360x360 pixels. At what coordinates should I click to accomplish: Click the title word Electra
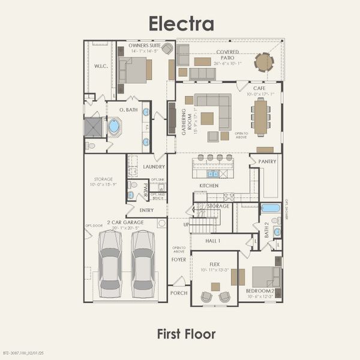181,23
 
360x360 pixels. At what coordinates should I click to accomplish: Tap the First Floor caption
186,334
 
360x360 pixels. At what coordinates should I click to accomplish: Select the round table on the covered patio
263,62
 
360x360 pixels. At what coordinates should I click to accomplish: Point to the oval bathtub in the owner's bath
114,127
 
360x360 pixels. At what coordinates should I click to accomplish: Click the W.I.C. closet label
100,67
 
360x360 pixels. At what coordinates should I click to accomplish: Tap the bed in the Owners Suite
135,70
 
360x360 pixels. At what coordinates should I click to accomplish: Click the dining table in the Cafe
261,116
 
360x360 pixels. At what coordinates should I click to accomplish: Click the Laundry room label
154,167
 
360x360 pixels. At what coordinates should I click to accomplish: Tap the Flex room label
214,264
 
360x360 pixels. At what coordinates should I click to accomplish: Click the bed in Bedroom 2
264,277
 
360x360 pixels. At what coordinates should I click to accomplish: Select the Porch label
179,293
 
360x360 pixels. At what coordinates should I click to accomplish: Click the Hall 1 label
213,241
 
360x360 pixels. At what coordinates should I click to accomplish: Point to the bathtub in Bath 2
270,208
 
